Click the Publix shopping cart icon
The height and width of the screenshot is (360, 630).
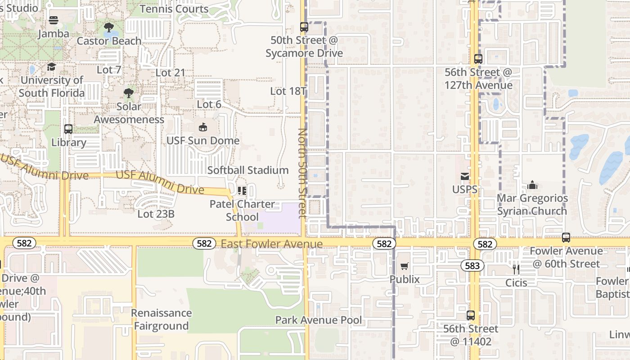click(x=405, y=266)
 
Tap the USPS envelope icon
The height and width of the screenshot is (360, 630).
click(x=464, y=176)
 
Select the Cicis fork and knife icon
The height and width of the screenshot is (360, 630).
click(x=516, y=270)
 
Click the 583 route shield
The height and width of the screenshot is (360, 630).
click(x=472, y=265)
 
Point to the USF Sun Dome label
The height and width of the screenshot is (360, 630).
click(x=203, y=140)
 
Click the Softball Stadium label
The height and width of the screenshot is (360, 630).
click(x=248, y=170)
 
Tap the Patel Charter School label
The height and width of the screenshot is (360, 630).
click(x=242, y=210)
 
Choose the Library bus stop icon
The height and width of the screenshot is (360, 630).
click(x=68, y=129)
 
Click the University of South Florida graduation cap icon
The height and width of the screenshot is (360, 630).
click(x=52, y=67)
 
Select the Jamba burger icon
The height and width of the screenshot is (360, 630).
click(x=54, y=20)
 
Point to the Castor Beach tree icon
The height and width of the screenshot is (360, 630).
click(x=109, y=28)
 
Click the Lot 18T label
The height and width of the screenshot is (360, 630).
click(x=288, y=91)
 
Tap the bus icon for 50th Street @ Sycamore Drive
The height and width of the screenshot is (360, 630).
click(x=304, y=27)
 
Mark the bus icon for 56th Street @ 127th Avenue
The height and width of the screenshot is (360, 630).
click(x=478, y=59)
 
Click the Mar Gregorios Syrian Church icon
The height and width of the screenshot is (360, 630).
click(x=532, y=185)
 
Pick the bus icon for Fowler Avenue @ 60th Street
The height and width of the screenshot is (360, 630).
click(x=566, y=238)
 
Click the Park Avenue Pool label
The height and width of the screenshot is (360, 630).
click(x=319, y=320)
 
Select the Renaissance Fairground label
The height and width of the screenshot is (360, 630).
click(x=161, y=319)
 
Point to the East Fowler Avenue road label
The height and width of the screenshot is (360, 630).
click(x=272, y=244)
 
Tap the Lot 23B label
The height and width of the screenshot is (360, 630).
click(x=156, y=214)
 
